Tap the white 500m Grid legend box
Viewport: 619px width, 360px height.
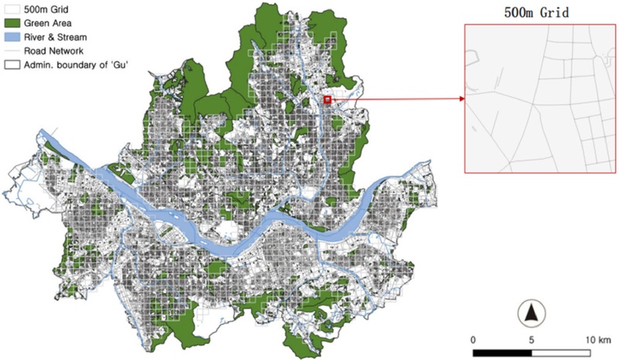tap(12, 9)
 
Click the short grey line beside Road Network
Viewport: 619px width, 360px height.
tap(12, 51)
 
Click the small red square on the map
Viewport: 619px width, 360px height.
tap(327, 100)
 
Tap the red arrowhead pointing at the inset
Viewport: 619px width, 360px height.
tap(460, 98)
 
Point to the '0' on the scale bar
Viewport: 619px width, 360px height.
tap(473, 339)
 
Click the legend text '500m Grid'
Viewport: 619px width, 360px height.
tap(46, 9)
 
